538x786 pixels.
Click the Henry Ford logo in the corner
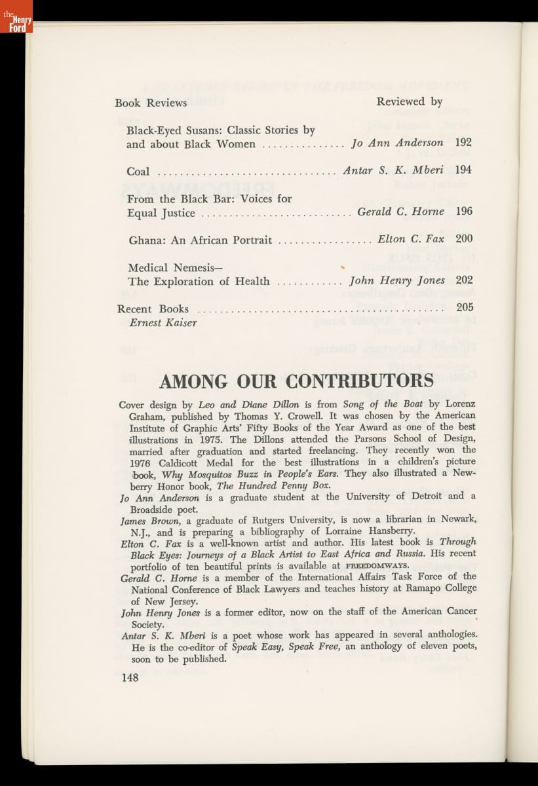click(16, 17)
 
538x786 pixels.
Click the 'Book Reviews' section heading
click(151, 103)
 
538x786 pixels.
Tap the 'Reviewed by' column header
click(409, 102)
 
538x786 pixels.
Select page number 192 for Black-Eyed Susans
click(463, 142)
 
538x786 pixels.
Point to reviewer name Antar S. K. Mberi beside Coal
click(393, 170)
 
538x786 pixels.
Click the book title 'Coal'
click(138, 172)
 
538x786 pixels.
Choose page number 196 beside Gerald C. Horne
click(463, 212)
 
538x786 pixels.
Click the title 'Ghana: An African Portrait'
click(200, 240)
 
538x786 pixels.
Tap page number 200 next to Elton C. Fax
click(463, 239)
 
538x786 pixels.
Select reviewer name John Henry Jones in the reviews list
click(397, 280)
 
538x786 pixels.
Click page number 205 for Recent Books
click(465, 307)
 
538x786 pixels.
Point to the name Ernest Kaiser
click(163, 322)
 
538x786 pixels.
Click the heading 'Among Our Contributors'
click(296, 381)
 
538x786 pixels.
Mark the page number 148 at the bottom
click(130, 678)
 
